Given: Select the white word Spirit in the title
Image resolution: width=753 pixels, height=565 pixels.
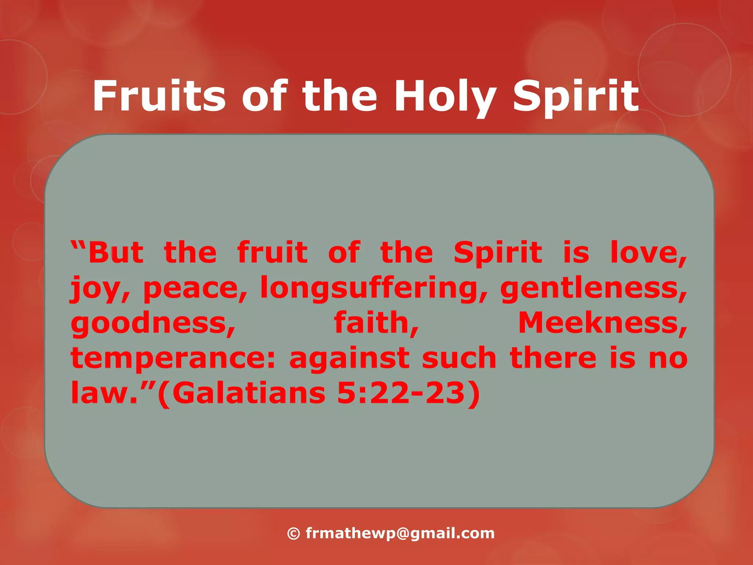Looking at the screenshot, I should tap(576, 96).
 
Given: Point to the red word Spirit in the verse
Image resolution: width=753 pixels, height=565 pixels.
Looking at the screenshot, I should tap(497, 253).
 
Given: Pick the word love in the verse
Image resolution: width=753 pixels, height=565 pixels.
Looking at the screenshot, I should tap(648, 253).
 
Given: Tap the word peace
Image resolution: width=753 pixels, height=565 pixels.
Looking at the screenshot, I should tap(195, 288).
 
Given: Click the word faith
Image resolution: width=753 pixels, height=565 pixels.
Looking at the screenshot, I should tap(376, 323).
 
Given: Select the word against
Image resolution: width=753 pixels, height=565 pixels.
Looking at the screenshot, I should tap(349, 358).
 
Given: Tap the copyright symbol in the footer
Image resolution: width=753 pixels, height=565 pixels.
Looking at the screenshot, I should tap(293, 533).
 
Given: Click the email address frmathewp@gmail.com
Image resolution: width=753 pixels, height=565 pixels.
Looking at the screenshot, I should tap(400, 533).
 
